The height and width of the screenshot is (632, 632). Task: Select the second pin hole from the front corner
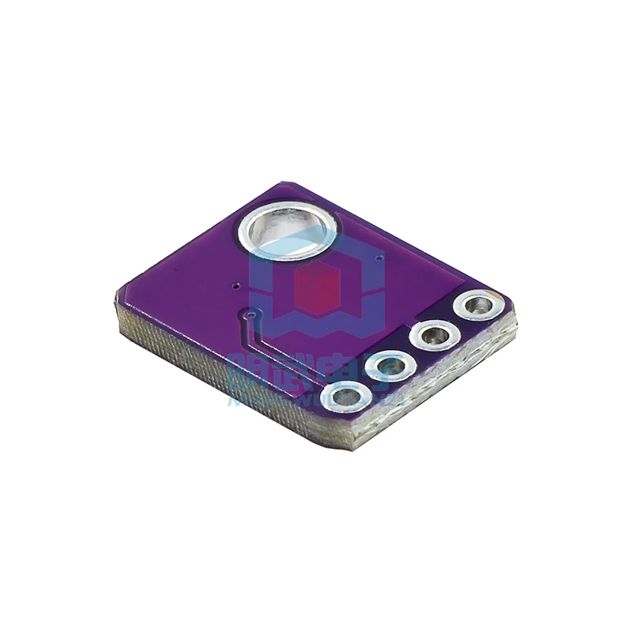coord(393,367)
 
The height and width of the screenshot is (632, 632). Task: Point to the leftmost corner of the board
coord(116,297)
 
